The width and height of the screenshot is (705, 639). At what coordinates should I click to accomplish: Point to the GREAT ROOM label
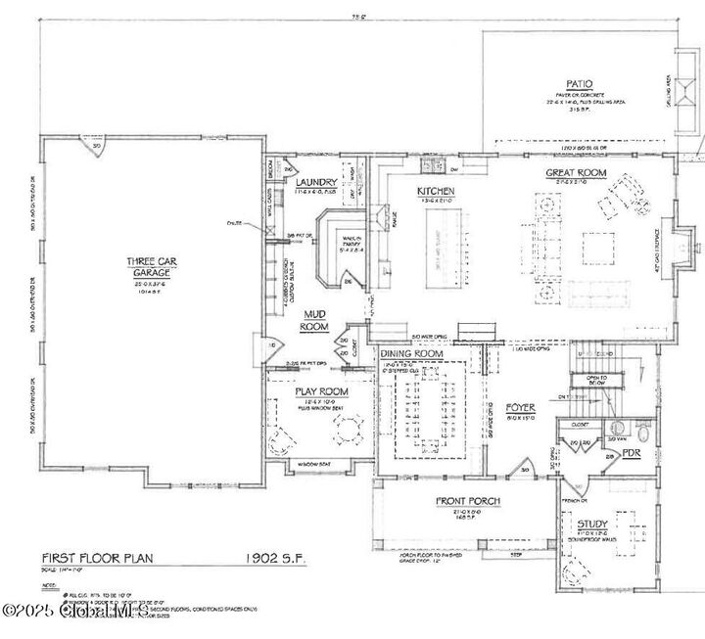click(576, 173)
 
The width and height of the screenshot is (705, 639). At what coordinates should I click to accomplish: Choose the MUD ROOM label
click(313, 320)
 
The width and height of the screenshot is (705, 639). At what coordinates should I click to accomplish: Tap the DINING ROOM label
click(412, 353)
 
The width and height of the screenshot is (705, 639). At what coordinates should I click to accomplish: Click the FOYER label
click(520, 406)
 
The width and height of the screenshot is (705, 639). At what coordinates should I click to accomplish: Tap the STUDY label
click(592, 524)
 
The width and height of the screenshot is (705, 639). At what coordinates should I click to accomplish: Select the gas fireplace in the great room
click(686, 241)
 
